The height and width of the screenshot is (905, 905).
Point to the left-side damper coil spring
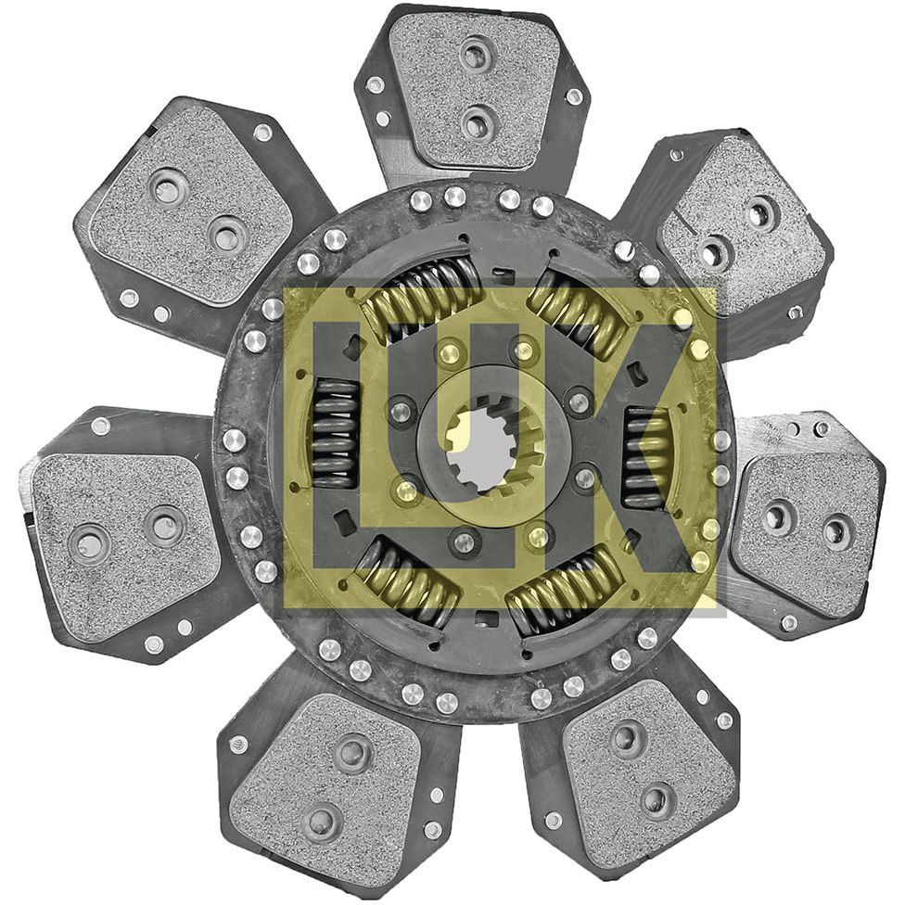pos(335,432)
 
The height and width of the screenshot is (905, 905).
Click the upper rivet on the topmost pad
pos(476,55)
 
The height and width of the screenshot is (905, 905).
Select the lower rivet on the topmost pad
pos(477,121)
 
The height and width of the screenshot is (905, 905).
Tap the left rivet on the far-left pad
pos(91,543)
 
